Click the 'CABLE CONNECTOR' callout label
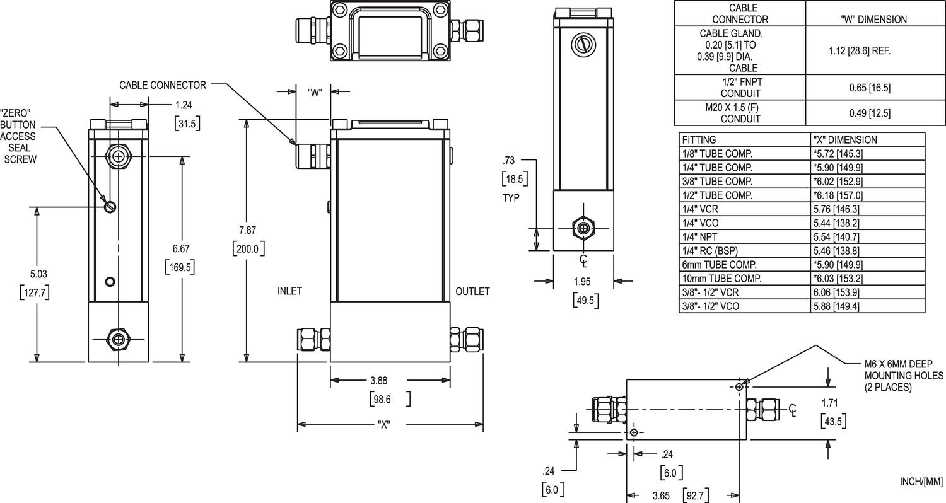[163, 85]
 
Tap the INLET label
[289, 291]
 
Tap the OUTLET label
[472, 291]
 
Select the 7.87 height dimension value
[248, 231]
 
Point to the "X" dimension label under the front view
[383, 424]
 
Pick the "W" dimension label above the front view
[315, 93]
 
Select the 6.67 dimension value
[180, 249]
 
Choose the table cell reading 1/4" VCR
[699, 209]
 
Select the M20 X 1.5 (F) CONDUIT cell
[740, 113]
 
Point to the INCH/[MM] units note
[921, 482]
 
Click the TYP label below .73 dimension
[510, 197]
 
